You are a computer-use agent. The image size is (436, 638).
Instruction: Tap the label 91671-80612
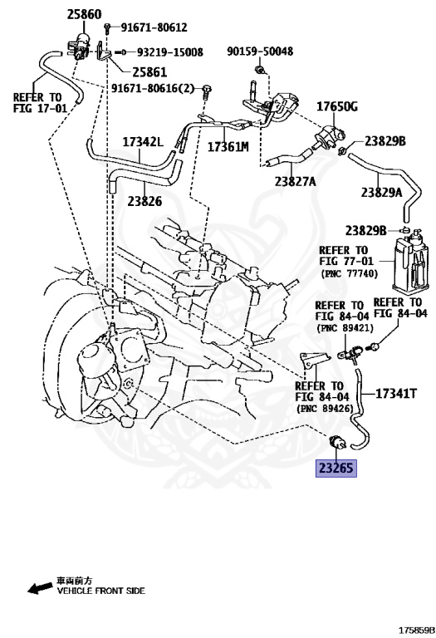pyautogui.click(x=149, y=27)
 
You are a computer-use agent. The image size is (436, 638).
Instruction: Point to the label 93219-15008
pyautogui.click(x=169, y=52)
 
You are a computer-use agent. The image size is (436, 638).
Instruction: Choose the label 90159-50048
pyautogui.click(x=260, y=51)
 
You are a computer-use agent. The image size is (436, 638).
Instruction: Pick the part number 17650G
pyautogui.click(x=336, y=106)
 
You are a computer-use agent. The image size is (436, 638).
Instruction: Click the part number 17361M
pyautogui.click(x=228, y=147)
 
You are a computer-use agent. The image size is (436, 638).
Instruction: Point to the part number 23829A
pyautogui.click(x=380, y=192)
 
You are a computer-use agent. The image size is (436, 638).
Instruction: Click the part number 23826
pyautogui.click(x=145, y=200)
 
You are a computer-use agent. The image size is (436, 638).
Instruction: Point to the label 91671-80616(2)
pyautogui.click(x=157, y=88)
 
